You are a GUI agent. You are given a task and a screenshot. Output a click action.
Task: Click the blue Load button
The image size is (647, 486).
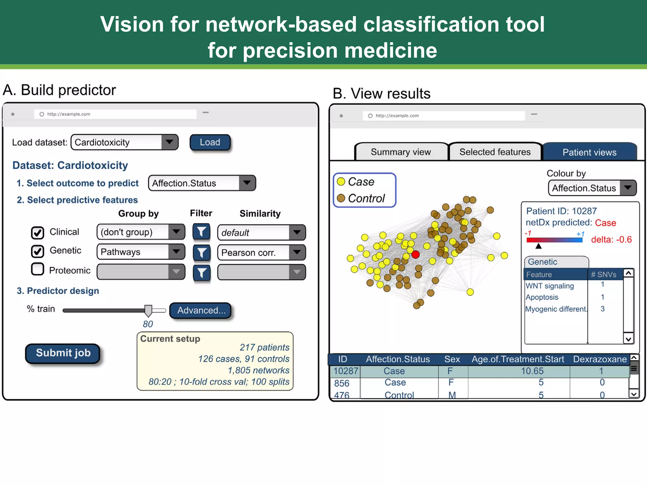(x=210, y=142)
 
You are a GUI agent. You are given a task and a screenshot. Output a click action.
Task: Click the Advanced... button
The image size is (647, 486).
(x=201, y=310)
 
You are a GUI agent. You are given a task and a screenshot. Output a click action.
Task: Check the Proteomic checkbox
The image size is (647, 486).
(x=38, y=269)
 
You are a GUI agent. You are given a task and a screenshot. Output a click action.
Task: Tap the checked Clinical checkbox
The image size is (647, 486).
(x=38, y=233)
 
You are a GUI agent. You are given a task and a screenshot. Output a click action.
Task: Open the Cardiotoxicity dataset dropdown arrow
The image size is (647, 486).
(x=170, y=142)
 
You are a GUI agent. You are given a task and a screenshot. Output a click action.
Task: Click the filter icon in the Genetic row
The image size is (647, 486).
(x=202, y=252)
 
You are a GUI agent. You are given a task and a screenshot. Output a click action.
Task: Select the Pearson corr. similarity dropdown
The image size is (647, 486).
(x=261, y=252)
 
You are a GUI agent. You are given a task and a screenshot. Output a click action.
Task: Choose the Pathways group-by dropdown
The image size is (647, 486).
(x=141, y=252)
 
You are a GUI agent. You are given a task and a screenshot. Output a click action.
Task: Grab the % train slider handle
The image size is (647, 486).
(x=148, y=311)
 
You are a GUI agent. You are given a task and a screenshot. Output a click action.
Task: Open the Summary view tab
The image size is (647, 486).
(x=401, y=152)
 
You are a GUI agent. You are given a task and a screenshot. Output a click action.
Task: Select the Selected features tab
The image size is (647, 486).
(x=495, y=152)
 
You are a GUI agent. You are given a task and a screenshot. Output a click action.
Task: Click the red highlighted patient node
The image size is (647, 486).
(x=416, y=254)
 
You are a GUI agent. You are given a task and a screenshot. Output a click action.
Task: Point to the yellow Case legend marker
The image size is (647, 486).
(x=341, y=182)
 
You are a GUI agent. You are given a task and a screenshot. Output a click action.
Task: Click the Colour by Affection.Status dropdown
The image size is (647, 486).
(x=592, y=188)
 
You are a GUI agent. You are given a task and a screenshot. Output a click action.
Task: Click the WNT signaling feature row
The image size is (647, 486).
(x=550, y=286)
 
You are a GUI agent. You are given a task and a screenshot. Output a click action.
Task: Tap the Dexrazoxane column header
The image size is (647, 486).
(x=600, y=359)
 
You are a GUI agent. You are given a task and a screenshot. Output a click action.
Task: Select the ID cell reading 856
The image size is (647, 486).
(x=342, y=383)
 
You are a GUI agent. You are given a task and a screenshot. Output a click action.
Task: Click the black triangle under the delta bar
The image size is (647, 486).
(x=539, y=246)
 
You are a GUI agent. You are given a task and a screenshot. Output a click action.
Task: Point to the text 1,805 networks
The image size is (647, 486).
(x=258, y=370)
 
